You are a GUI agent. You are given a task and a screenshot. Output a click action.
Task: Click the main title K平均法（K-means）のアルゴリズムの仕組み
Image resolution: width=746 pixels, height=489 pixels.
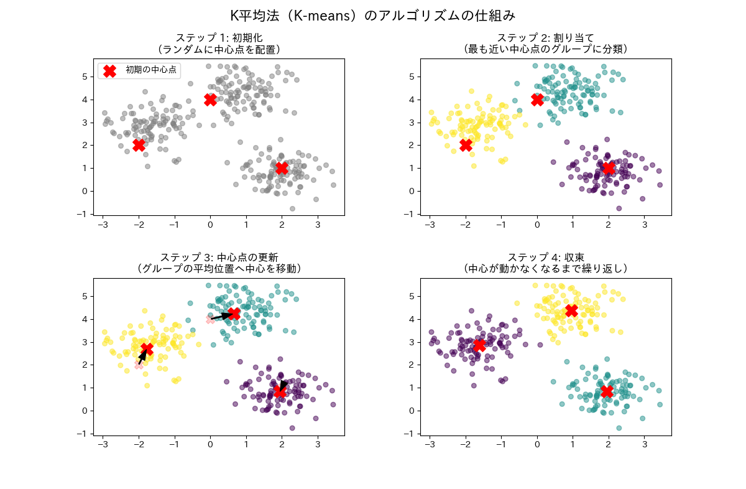(x=373, y=15)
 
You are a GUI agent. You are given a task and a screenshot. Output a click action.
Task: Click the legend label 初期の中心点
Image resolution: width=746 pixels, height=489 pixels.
(x=151, y=70)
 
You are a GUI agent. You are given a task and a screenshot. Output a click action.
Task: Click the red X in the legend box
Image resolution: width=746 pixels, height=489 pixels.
(x=109, y=71)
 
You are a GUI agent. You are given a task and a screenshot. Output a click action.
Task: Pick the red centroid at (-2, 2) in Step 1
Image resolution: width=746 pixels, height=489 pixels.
(x=139, y=145)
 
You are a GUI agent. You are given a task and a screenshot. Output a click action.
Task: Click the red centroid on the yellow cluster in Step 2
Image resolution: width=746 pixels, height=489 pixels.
(x=466, y=145)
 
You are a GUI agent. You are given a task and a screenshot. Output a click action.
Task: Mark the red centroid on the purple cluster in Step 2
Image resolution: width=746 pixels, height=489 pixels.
(x=609, y=168)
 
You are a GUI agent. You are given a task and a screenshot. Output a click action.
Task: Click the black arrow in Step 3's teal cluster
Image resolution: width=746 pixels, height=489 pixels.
(x=221, y=316)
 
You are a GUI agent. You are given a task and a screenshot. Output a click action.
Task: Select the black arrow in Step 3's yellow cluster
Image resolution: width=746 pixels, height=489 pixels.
(x=143, y=356)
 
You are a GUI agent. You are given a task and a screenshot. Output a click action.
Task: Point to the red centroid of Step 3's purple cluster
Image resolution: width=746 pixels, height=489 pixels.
(x=280, y=392)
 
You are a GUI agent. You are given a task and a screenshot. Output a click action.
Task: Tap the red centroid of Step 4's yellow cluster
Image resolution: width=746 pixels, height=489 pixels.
(x=571, y=310)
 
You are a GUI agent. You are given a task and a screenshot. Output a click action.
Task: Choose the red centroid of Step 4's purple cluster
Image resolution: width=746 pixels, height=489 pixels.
(x=479, y=345)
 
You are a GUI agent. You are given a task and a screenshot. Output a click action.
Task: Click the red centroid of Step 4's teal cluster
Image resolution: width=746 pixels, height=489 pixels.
(x=607, y=391)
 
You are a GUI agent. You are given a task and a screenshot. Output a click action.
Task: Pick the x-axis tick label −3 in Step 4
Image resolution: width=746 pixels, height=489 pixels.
(x=428, y=445)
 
